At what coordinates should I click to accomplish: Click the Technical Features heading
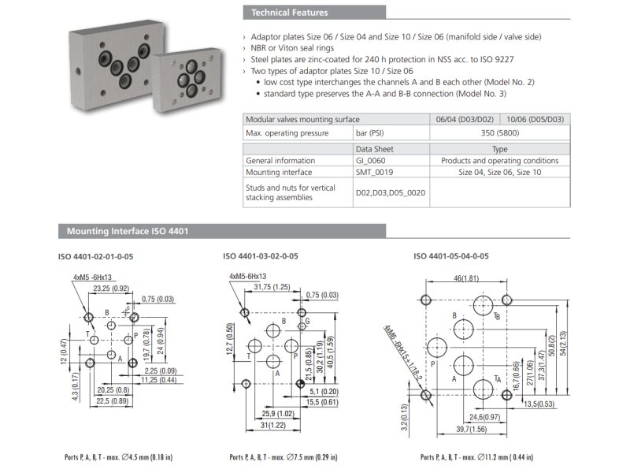(x=289, y=13)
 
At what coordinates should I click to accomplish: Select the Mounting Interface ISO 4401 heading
(x=127, y=232)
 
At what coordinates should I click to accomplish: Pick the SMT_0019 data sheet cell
(x=374, y=172)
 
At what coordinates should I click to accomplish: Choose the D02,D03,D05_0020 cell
(x=390, y=193)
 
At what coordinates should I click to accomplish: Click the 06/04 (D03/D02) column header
(x=464, y=119)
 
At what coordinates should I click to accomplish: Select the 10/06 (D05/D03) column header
(x=535, y=119)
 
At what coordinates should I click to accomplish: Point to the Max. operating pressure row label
(x=287, y=133)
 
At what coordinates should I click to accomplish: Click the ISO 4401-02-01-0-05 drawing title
(x=96, y=256)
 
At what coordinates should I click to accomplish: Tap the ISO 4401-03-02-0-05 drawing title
(x=261, y=256)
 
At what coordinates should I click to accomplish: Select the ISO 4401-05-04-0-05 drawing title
(x=451, y=256)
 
